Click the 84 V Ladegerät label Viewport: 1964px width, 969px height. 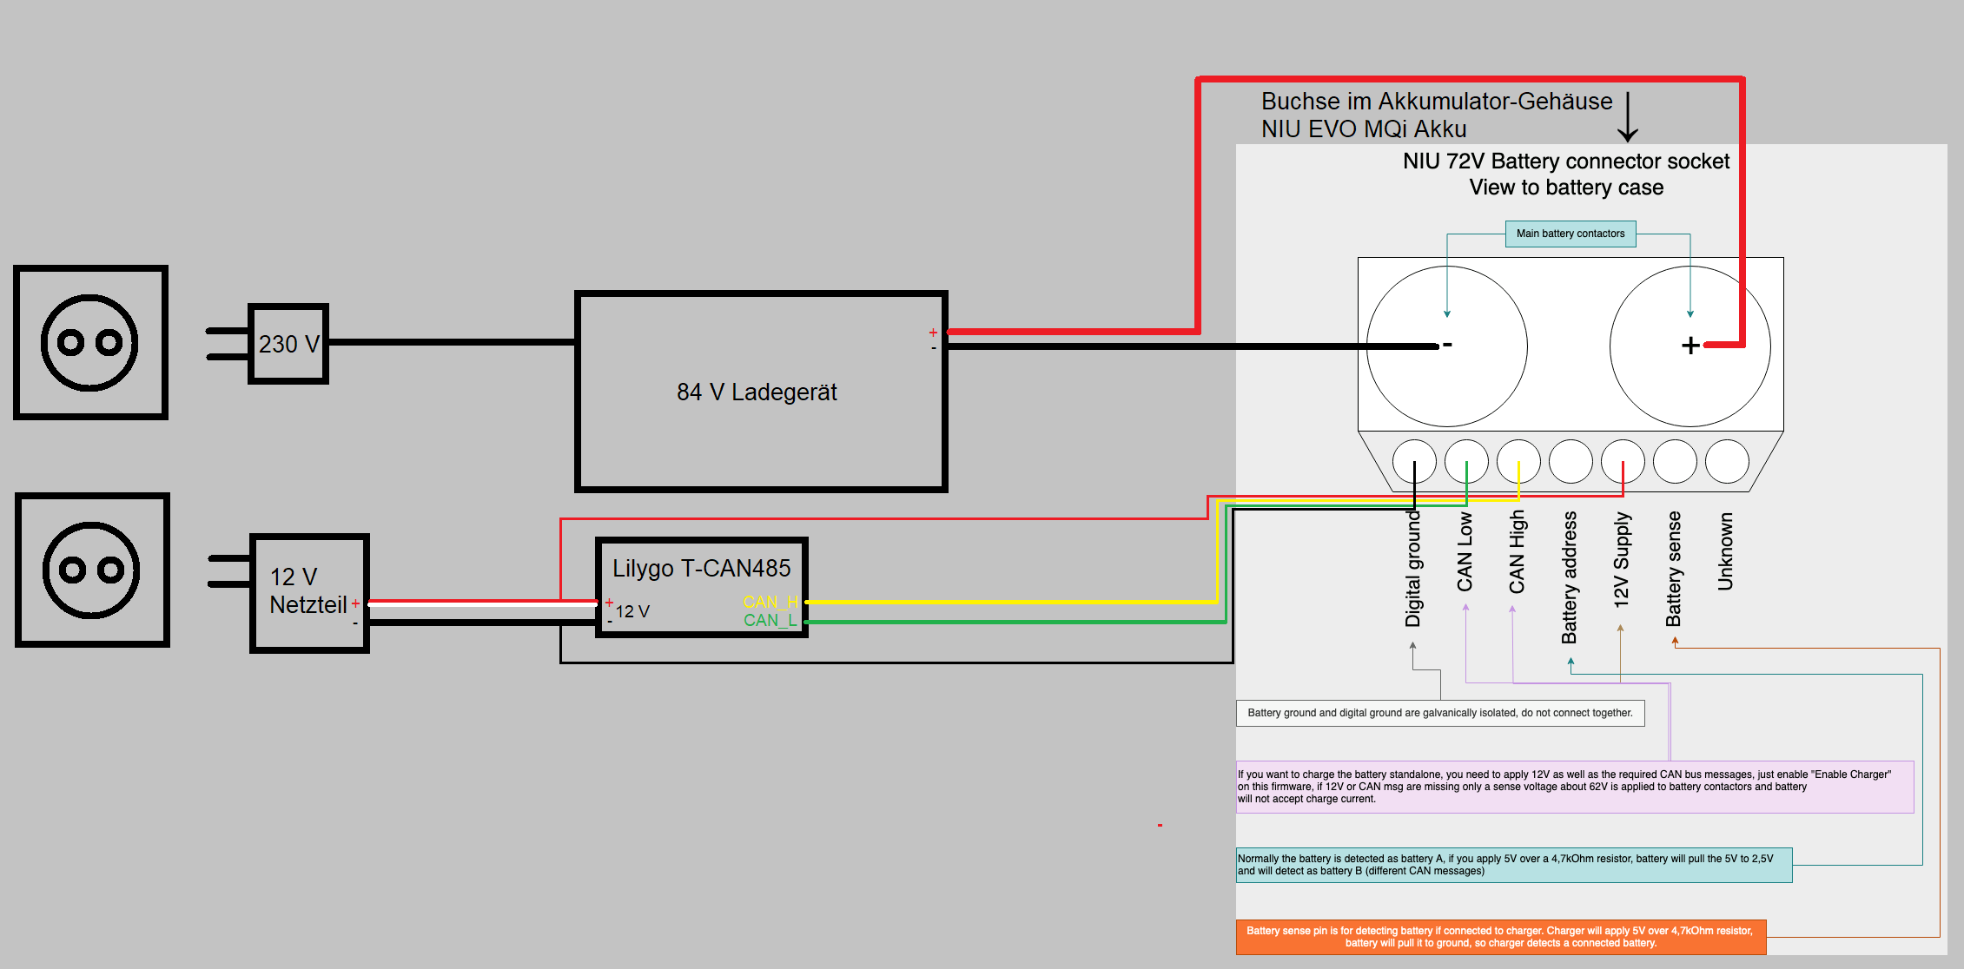coord(757,392)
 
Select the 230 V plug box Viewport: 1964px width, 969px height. coord(288,343)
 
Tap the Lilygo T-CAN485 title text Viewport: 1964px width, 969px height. coord(702,568)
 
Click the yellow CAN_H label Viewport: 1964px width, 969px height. coord(770,602)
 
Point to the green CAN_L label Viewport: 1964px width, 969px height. coord(770,620)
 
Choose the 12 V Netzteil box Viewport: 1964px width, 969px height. coord(309,593)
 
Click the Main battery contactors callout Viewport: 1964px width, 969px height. coord(1571,234)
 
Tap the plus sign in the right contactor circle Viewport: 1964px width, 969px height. coord(1690,346)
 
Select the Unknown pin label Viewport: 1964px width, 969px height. coord(1725,551)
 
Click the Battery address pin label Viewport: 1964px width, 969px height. coord(1569,577)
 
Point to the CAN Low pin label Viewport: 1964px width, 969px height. coord(1465,552)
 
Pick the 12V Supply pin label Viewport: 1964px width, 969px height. coord(1621,560)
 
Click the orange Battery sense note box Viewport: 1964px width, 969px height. coord(1501,937)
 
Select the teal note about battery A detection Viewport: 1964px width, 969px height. coord(1514,865)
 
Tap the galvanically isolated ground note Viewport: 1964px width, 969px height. coord(1440,713)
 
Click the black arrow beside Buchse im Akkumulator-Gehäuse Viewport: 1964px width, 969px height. coord(1628,116)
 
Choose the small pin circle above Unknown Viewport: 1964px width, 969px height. coord(1727,461)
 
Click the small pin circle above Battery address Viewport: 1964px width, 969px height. coord(1571,461)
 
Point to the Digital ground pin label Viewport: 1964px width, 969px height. coord(1412,569)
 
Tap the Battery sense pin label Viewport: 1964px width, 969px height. coord(1673,569)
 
